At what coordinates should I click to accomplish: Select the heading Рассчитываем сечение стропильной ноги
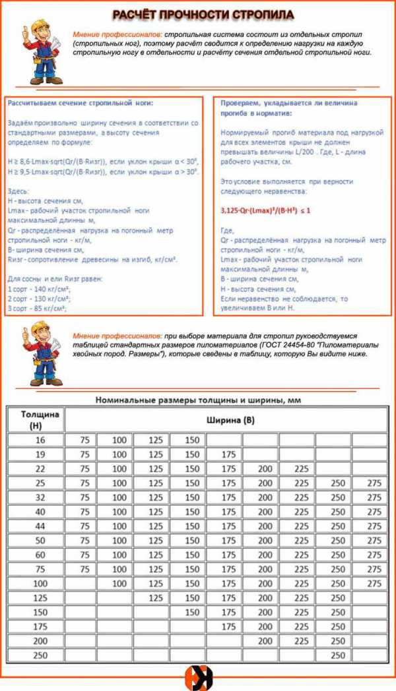79,104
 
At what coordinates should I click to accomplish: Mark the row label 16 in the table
36,440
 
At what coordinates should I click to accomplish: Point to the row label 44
36,526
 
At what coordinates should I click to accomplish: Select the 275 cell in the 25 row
374,483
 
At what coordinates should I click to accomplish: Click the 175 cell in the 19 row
227,454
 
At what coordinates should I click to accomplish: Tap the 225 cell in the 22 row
300,468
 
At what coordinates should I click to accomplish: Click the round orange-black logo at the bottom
198,677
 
